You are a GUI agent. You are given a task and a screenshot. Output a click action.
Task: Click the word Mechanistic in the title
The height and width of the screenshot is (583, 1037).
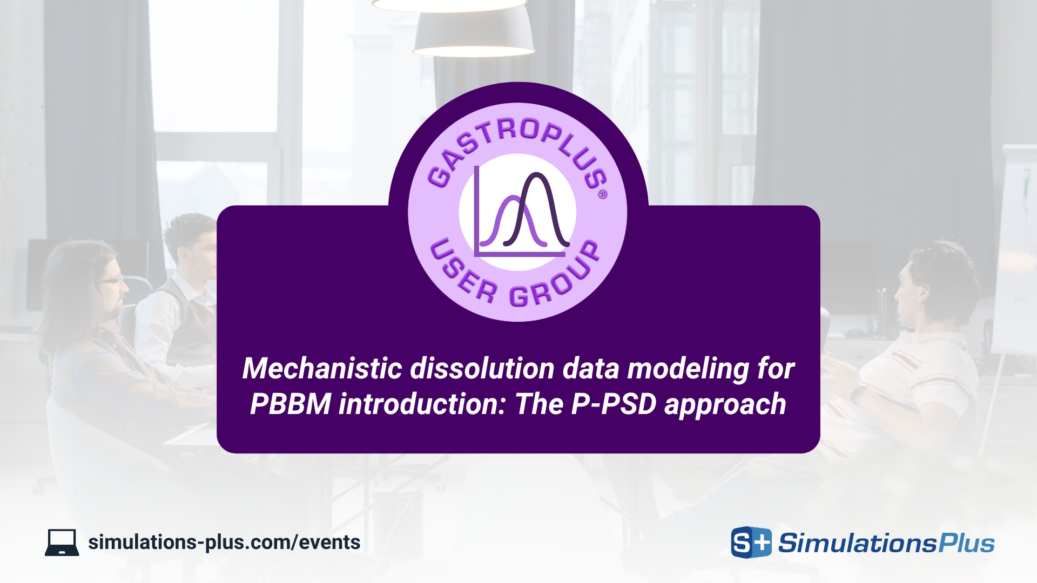(322, 369)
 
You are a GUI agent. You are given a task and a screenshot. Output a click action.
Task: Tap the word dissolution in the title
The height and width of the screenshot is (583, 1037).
(482, 369)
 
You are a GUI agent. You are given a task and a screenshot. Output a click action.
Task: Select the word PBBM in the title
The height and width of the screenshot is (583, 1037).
(290, 404)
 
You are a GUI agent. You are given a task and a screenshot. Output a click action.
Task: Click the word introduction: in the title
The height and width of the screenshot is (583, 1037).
(423, 404)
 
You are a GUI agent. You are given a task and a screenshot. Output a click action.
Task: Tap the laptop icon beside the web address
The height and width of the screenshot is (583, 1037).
(62, 543)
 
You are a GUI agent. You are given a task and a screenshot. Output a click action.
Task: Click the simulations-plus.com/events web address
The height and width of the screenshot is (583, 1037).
(224, 542)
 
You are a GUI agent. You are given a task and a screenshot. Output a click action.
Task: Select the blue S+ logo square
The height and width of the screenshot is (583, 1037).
(751, 542)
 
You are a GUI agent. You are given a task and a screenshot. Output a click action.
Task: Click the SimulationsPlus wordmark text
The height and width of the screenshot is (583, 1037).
(886, 543)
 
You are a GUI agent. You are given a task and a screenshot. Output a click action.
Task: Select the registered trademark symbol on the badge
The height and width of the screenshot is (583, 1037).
(603, 194)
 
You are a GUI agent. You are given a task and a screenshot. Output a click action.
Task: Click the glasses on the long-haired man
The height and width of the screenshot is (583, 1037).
(111, 280)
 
